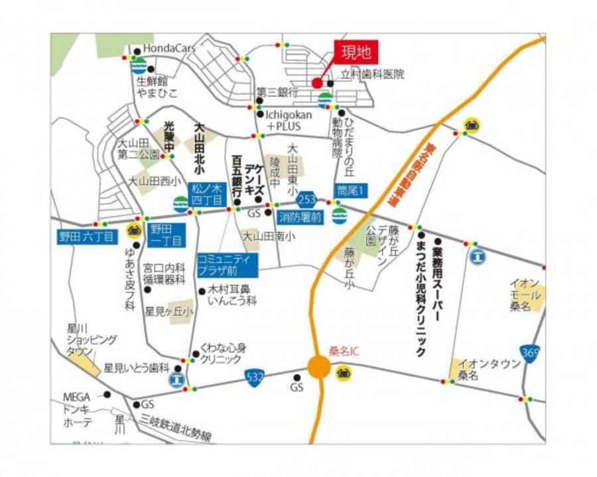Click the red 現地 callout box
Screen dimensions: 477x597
coord(356,51)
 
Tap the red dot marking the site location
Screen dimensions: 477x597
coord(316,83)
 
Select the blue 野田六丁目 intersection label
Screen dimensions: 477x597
coord(88,236)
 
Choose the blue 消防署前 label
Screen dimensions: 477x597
coord(300,216)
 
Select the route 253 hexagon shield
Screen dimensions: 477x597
coord(306,199)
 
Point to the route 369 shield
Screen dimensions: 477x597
coord(529,352)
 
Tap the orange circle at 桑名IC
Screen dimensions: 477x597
coord(319,367)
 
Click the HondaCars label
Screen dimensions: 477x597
coord(170,49)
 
